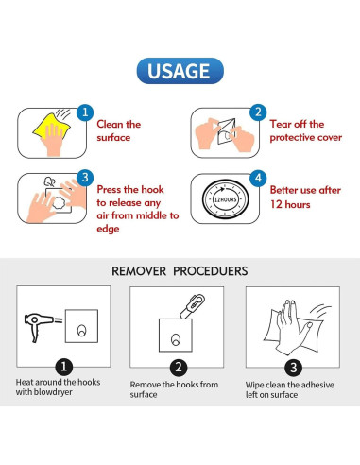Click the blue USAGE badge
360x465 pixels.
(x=180, y=71)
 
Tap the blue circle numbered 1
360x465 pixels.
(x=85, y=112)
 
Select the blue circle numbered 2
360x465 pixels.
(x=258, y=112)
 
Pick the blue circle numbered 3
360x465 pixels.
(x=85, y=178)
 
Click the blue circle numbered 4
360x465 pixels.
(x=258, y=178)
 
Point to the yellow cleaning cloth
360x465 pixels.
(x=52, y=126)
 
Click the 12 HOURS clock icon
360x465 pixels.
(x=225, y=198)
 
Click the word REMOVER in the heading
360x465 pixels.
(x=139, y=271)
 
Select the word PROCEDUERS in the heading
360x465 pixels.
(x=211, y=271)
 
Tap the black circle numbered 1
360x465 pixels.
(x=64, y=367)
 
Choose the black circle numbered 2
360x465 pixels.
(x=179, y=368)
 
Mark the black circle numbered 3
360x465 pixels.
(x=294, y=368)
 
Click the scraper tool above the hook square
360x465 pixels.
(x=192, y=306)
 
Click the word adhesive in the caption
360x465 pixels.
(x=317, y=385)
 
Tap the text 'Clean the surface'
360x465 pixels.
(x=119, y=130)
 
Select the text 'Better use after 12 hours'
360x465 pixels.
(x=305, y=198)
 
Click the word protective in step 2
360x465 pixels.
(x=292, y=138)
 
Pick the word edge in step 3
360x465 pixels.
(x=108, y=229)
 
